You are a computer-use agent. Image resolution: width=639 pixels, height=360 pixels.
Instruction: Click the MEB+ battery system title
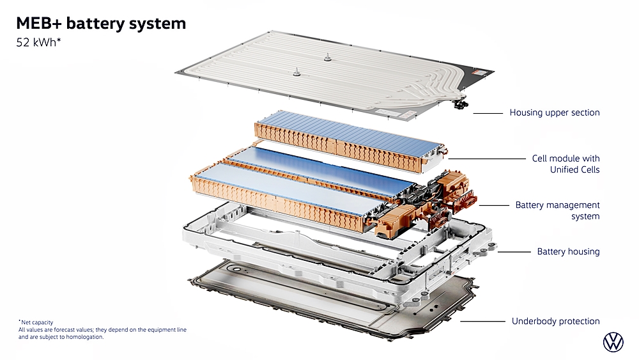click(x=101, y=24)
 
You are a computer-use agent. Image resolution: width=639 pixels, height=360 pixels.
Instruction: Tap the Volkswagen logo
click(x=613, y=341)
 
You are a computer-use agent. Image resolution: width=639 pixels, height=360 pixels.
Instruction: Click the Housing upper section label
click(x=554, y=113)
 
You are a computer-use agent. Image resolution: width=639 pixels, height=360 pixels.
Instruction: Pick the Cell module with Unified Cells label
click(x=566, y=164)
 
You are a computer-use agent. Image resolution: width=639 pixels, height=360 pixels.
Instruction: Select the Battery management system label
click(x=557, y=210)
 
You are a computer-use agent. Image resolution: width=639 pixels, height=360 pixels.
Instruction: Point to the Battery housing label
click(x=568, y=251)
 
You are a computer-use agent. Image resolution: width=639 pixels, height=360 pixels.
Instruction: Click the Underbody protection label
click(x=555, y=321)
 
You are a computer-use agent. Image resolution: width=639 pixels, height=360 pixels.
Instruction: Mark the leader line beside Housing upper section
click(x=488, y=113)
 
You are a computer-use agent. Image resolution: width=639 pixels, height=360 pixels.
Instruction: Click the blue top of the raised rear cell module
click(x=345, y=127)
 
